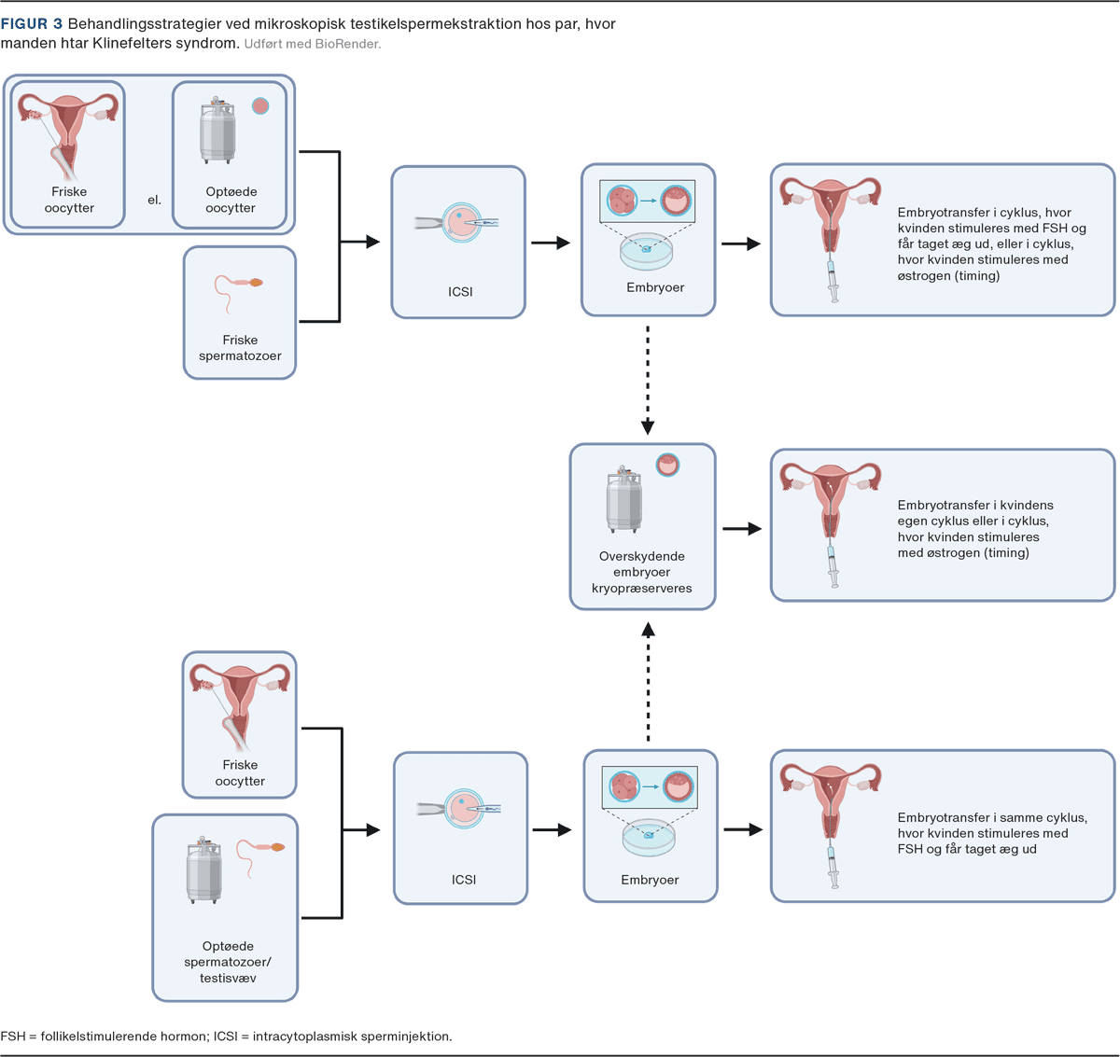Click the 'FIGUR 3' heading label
tap(32, 23)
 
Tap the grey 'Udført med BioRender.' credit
tap(313, 44)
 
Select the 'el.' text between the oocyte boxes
tap(155, 200)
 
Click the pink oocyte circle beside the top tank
tap(260, 106)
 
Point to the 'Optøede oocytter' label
tap(231, 200)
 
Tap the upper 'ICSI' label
tap(460, 291)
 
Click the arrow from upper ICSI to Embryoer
tap(551, 243)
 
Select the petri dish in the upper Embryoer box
tap(646, 252)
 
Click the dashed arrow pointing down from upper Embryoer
tap(648, 380)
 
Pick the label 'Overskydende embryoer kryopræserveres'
tap(642, 572)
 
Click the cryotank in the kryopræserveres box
tap(623, 499)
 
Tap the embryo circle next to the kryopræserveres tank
tap(667, 466)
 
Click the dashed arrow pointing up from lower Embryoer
tap(648, 681)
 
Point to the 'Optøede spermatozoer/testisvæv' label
tap(228, 962)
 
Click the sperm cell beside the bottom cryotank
tap(260, 858)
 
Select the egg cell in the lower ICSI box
tap(464, 809)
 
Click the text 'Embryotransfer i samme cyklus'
tap(992, 817)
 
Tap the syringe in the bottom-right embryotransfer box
tap(833, 867)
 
